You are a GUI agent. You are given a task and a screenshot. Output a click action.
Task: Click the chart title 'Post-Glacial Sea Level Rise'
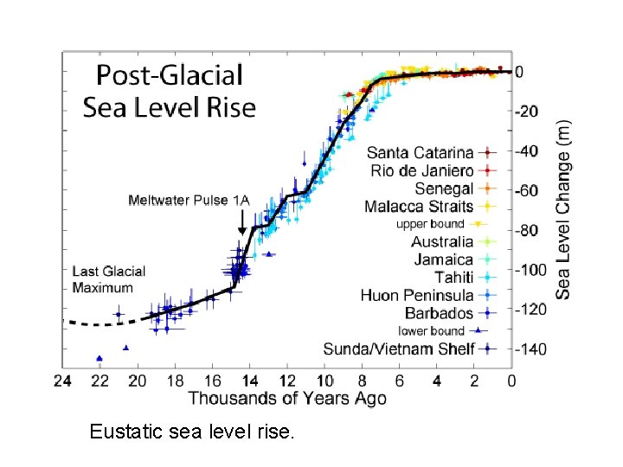point(170,91)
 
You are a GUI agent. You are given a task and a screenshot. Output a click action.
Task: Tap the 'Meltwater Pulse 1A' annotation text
point(189,201)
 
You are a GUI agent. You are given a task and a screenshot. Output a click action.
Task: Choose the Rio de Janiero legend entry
point(421,170)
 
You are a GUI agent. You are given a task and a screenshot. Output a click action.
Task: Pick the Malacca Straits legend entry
point(419,207)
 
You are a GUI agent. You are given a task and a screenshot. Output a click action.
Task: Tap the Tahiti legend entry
point(453,277)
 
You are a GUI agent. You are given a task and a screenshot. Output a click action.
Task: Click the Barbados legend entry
point(440,313)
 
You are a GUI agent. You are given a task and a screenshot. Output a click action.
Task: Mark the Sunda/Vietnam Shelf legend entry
point(399,349)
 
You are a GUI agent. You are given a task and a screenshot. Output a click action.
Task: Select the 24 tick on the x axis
point(62,381)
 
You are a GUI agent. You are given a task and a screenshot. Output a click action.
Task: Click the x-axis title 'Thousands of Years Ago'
point(286,398)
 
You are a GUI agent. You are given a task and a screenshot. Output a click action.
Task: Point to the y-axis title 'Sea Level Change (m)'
point(563,208)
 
